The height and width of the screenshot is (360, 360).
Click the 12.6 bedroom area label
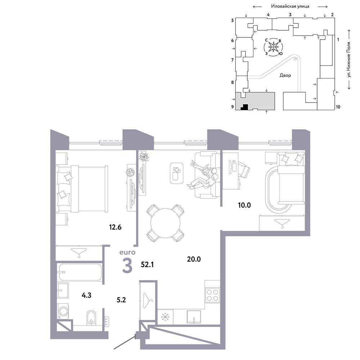point(115,227)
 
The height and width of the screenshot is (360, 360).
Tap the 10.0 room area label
point(244,205)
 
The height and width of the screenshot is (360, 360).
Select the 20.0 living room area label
point(194,259)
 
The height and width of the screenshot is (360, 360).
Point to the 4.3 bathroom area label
point(86,295)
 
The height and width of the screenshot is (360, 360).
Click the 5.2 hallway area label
point(121,300)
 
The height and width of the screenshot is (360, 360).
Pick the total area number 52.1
point(147,265)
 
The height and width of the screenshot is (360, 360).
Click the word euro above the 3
point(127,253)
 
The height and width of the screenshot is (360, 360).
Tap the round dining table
point(165,223)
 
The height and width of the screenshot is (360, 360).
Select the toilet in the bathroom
point(91,318)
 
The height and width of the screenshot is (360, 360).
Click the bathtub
point(80,272)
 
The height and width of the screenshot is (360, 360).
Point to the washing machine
point(63,311)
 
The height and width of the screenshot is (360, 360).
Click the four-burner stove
point(212,295)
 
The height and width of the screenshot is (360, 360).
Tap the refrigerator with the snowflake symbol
point(165,317)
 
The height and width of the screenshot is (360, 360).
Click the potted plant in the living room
point(144,157)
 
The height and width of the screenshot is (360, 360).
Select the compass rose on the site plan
point(274,47)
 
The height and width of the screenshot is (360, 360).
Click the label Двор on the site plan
point(285,75)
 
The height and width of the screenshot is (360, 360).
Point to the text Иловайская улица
point(290,6)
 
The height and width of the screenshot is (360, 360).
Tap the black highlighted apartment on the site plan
point(244,107)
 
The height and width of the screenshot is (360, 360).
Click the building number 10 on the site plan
point(338,107)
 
